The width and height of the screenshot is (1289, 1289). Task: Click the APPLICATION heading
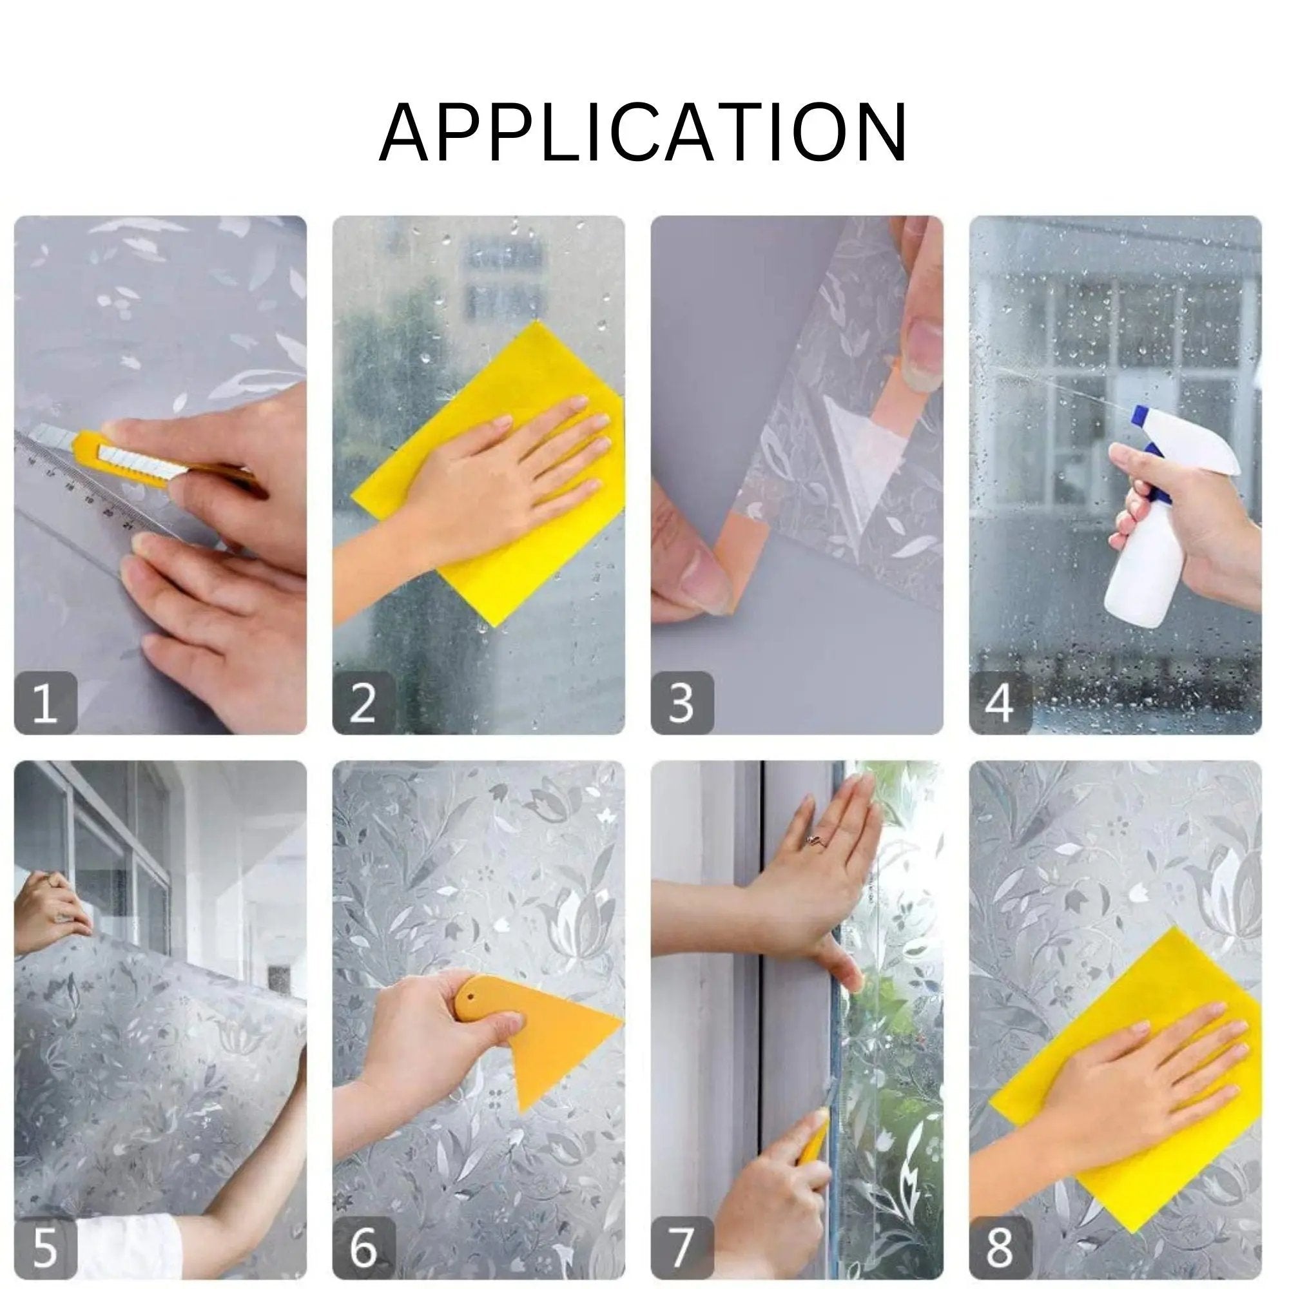[x=643, y=133]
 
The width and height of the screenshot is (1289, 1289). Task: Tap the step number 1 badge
[x=44, y=703]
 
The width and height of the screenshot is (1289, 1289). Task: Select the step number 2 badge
[x=363, y=703]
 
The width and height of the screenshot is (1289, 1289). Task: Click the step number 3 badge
[x=681, y=703]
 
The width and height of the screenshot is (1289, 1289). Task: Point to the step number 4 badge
[x=1000, y=703]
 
